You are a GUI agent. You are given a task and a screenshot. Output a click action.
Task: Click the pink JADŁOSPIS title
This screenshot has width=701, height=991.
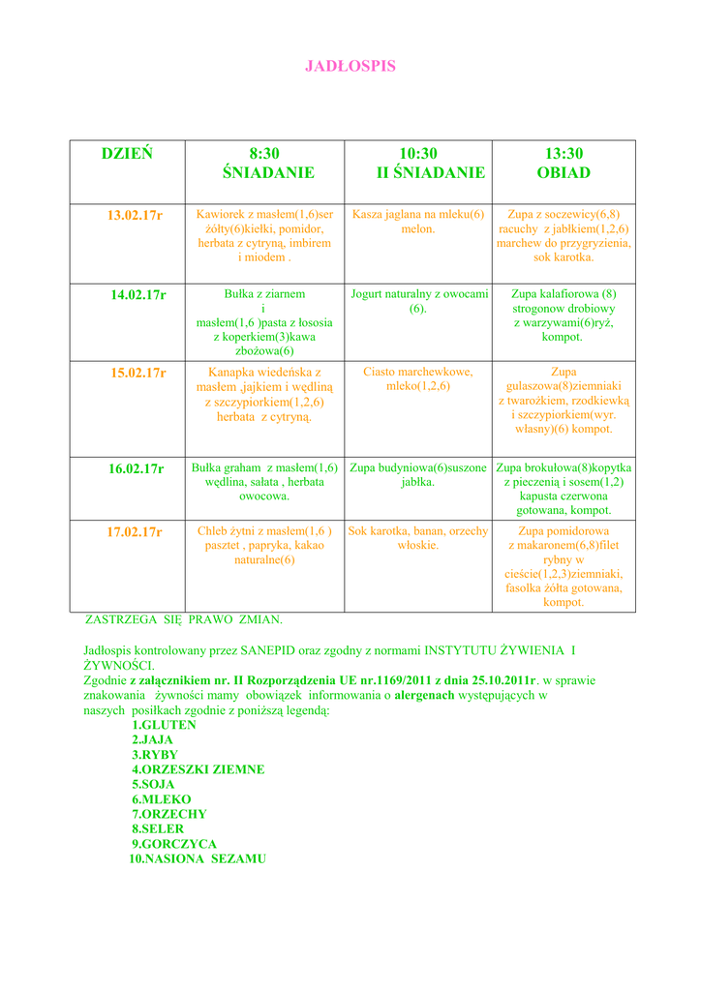click(x=350, y=67)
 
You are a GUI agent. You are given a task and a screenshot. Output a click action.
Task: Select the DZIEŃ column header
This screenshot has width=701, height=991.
click(x=127, y=154)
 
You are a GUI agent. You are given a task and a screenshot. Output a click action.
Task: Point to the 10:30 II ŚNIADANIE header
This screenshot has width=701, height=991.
click(x=417, y=164)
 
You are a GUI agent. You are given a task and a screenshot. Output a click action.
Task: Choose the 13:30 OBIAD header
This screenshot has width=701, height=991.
click(x=564, y=164)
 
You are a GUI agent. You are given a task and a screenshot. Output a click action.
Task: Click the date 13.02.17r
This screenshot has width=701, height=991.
click(x=135, y=215)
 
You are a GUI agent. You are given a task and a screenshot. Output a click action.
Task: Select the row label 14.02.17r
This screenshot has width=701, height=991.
click(x=138, y=294)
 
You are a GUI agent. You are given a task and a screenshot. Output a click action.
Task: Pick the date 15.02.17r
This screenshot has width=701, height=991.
click(x=138, y=373)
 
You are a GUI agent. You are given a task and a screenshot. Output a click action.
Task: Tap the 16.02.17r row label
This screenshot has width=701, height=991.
click(x=136, y=468)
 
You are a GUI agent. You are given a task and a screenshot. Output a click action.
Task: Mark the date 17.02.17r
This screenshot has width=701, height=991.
click(x=135, y=531)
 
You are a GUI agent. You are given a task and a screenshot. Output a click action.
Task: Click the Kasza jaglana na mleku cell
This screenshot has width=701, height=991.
click(x=417, y=222)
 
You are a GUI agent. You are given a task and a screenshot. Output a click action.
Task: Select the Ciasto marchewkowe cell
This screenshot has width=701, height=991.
click(x=417, y=378)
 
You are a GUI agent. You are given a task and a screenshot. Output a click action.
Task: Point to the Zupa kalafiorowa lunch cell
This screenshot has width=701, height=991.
click(x=564, y=315)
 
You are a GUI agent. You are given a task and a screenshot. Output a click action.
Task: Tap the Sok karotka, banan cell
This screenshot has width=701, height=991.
click(x=417, y=538)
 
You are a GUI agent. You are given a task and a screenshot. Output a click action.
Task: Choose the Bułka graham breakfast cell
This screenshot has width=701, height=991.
click(x=264, y=482)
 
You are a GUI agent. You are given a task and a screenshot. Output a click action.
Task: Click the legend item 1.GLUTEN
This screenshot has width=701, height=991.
click(x=164, y=725)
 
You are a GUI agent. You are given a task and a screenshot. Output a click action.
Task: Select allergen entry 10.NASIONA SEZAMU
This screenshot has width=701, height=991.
click(x=198, y=858)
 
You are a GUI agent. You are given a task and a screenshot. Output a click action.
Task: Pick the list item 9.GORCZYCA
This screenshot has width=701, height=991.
click(x=174, y=844)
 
